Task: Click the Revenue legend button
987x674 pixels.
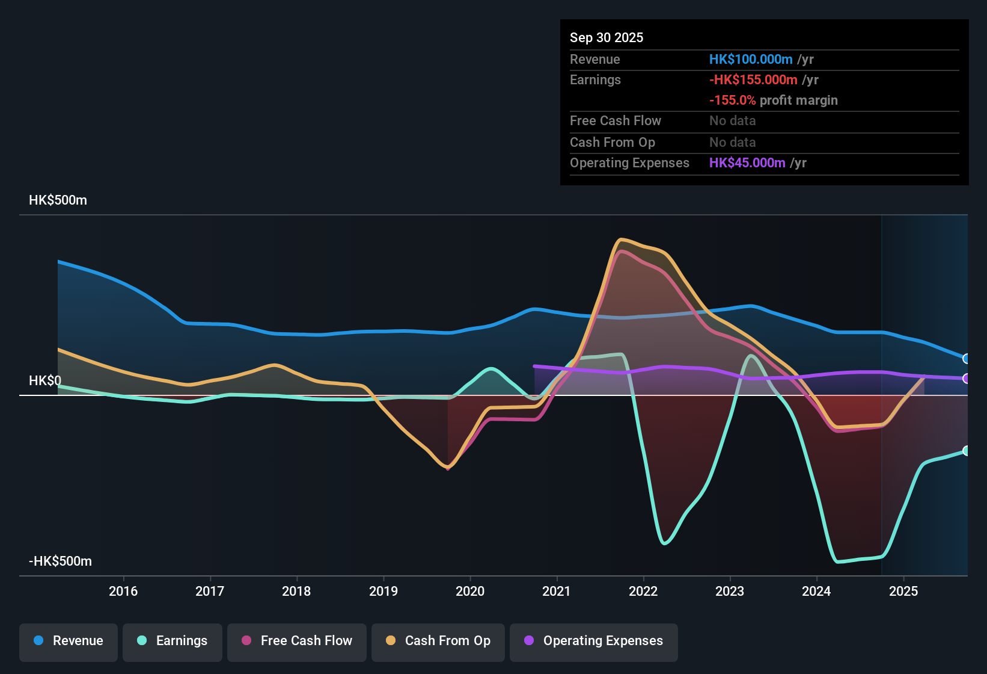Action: tap(68, 641)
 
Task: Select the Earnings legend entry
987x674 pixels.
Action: tap(172, 641)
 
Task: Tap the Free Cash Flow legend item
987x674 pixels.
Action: tap(296, 641)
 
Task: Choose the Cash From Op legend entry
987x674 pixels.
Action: tap(438, 641)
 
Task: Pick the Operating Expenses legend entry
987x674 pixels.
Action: tap(593, 641)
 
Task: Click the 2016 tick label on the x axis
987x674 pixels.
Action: tap(123, 591)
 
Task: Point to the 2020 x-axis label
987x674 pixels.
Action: tap(469, 591)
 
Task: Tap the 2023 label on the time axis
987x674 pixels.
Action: tap(729, 591)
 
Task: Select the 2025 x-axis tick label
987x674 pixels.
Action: tap(903, 591)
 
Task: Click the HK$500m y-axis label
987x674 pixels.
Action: tap(58, 200)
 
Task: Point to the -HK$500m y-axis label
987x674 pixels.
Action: tap(60, 561)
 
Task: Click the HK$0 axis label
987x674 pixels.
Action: tap(45, 381)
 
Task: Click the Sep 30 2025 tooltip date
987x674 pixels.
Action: tap(606, 38)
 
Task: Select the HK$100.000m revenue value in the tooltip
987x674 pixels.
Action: tap(750, 60)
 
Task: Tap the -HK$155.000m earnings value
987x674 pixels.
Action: tap(753, 80)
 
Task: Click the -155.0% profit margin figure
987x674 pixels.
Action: tap(732, 100)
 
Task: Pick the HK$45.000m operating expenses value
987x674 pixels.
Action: tap(747, 163)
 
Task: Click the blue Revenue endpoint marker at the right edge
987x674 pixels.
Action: tap(966, 359)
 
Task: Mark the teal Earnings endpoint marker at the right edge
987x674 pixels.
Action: tap(966, 451)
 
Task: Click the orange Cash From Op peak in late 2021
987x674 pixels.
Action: tap(621, 240)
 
